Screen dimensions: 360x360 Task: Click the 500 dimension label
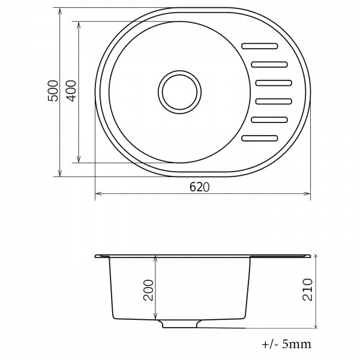(53, 91)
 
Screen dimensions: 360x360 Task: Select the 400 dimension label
(71, 91)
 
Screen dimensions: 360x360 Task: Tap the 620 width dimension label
(200, 187)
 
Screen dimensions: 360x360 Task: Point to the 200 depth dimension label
(148, 290)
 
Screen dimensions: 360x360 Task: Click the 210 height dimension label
(308, 290)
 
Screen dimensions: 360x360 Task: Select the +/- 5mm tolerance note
(287, 344)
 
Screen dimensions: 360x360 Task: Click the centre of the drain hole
(180, 92)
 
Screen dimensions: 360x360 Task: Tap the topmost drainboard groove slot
(260, 46)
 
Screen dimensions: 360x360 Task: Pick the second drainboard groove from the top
(269, 65)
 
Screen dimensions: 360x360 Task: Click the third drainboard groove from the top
(274, 83)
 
